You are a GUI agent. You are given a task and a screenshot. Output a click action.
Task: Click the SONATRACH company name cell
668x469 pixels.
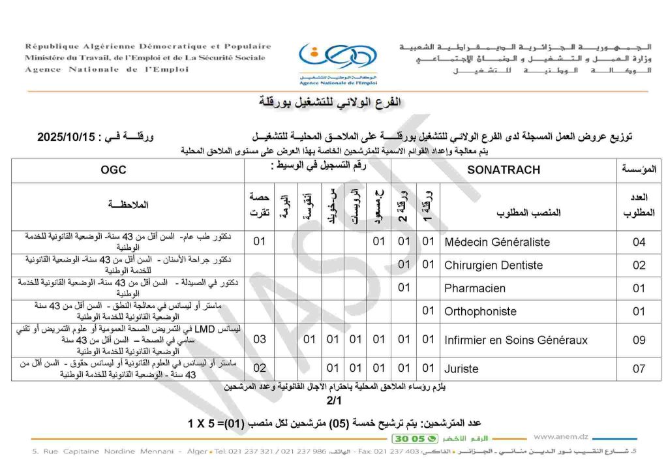(504, 170)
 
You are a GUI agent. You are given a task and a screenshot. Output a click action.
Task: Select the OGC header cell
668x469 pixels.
(114, 170)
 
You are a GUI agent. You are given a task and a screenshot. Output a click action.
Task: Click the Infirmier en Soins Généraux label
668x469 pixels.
(515, 340)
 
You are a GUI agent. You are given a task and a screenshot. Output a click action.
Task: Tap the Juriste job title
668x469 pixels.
(461, 369)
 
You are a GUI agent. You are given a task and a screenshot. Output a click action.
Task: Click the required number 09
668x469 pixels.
(639, 340)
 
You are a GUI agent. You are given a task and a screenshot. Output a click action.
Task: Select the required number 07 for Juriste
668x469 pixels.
(639, 369)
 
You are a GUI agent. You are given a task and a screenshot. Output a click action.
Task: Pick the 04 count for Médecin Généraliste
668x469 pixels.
(639, 242)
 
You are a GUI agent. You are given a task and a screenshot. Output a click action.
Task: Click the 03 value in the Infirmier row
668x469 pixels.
(260, 340)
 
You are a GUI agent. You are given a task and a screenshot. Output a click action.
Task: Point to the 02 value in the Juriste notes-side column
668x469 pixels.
(260, 369)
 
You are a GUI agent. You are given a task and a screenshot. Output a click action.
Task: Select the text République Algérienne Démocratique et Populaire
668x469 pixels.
(148, 46)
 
